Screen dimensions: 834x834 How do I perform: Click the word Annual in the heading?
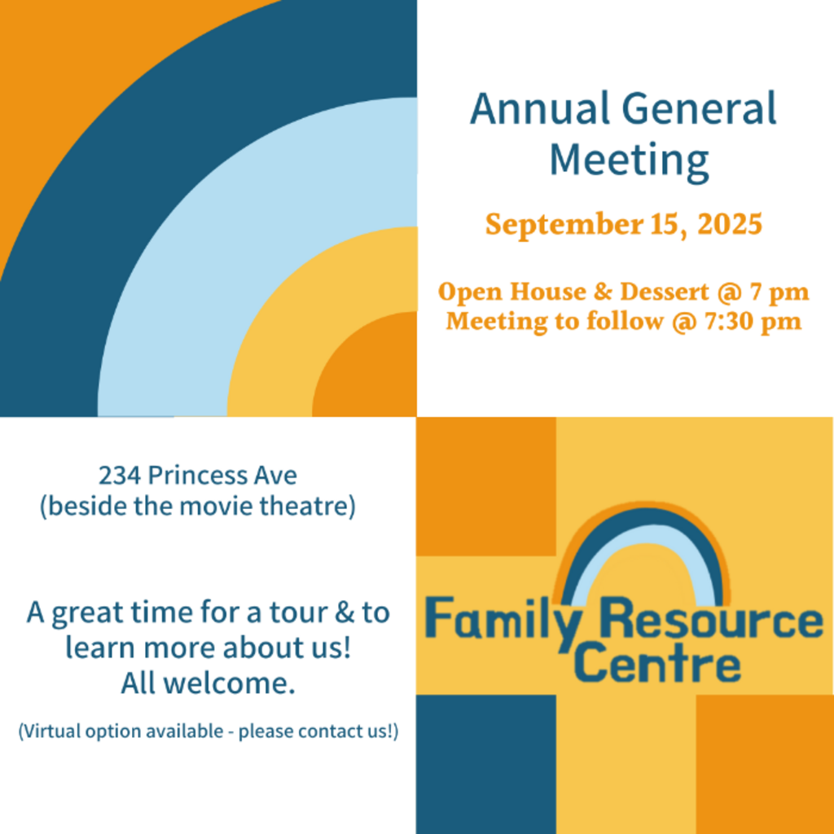540,108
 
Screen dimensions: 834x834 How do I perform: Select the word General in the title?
699,108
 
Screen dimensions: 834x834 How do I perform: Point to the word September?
564,225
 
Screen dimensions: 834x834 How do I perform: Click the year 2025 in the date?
730,223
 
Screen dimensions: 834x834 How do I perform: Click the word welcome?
228,683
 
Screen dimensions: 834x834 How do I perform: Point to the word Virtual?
50,731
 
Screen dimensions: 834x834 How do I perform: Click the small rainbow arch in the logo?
642,519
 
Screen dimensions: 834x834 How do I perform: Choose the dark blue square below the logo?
486,764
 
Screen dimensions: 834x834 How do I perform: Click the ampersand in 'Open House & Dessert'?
604,292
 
